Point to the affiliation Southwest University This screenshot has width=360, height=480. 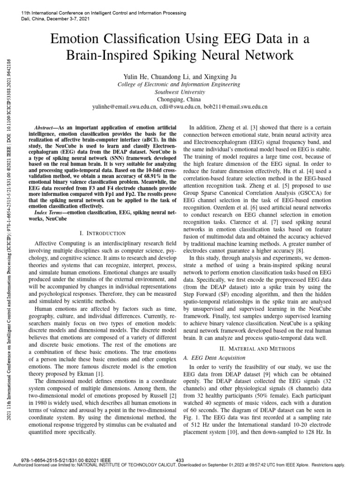[180, 92]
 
